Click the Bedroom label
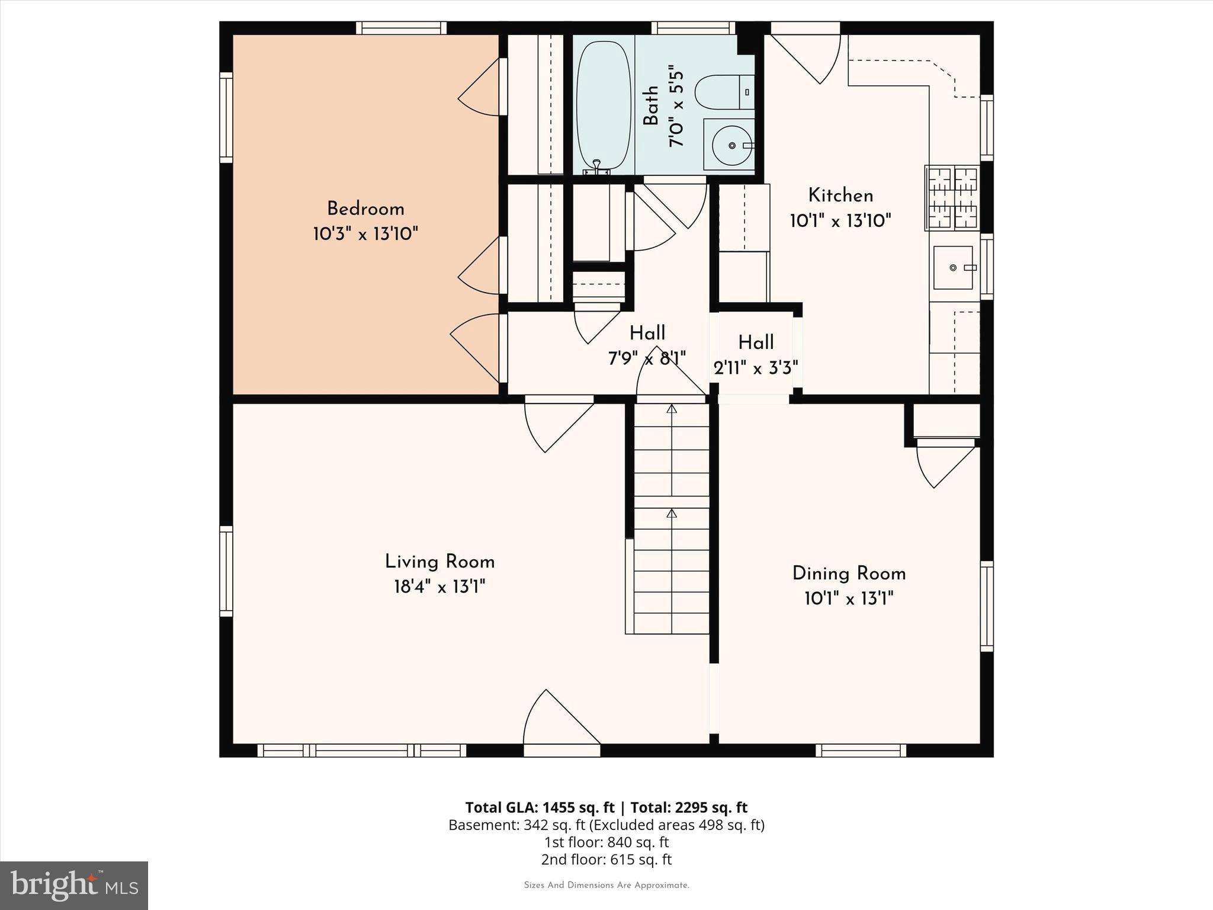tap(365, 209)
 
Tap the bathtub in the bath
tap(603, 105)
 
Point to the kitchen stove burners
tap(952, 198)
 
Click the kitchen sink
tap(952, 268)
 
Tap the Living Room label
tap(439, 562)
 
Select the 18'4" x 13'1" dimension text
tap(439, 587)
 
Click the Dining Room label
tap(849, 573)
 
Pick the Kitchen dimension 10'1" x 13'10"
tap(840, 221)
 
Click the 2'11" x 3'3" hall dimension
tap(756, 369)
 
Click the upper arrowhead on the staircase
tap(671, 409)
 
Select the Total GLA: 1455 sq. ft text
tap(540, 808)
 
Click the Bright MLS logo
tap(73, 886)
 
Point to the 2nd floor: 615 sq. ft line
tap(606, 859)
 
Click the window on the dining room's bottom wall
tap(861, 751)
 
